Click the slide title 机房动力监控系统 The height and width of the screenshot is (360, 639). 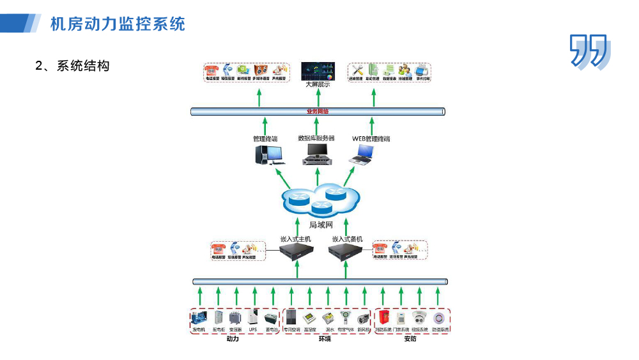pos(118,24)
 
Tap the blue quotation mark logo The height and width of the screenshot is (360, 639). pos(589,51)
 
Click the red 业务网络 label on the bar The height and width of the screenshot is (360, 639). pos(318,111)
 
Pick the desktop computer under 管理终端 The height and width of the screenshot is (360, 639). pos(268,155)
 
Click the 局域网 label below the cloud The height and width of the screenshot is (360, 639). pos(321,224)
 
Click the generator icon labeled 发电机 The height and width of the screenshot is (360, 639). pos(199,318)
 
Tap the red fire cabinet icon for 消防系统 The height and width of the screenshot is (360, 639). pos(383,317)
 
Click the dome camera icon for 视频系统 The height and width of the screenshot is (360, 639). pos(419,318)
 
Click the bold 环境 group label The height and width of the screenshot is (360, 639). pos(325,339)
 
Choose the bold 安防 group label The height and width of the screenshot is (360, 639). pos(410,339)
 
